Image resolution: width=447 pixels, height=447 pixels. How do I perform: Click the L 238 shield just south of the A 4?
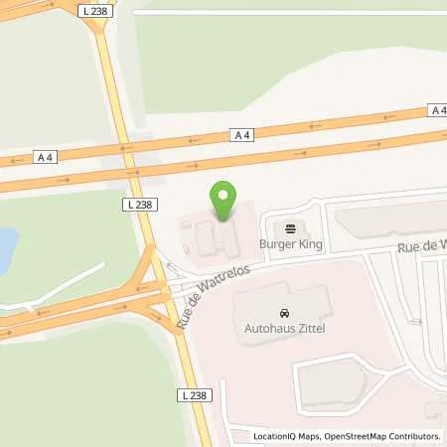point(139,205)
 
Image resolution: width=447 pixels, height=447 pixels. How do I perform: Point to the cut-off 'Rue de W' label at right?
point(421,244)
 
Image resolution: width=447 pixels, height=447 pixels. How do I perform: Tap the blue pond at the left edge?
point(6,242)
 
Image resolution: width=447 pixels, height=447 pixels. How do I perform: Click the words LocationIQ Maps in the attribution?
point(285,436)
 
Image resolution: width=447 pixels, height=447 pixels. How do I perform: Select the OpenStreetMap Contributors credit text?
point(382,436)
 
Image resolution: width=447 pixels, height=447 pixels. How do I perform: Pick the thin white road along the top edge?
point(288,13)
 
